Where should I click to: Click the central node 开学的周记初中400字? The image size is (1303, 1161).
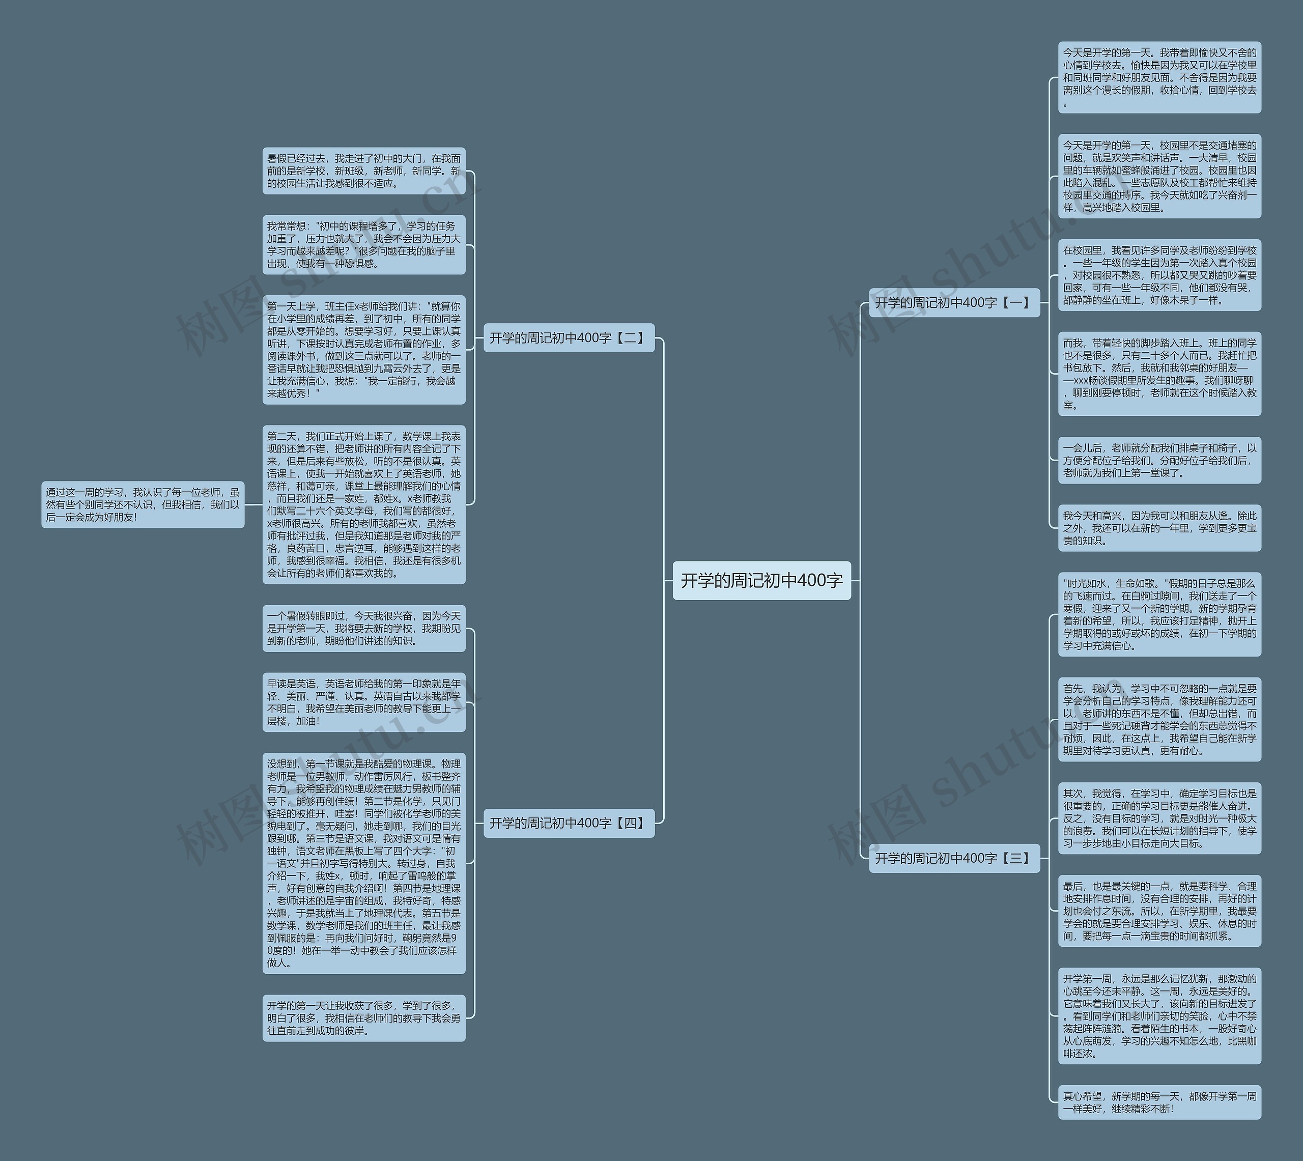coord(761,580)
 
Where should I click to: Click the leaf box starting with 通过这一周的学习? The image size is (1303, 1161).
coord(143,504)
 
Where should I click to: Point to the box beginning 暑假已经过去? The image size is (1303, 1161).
coord(363,171)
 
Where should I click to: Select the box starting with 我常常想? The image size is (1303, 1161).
coord(363,244)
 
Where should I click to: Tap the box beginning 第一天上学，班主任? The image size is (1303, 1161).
coord(363,350)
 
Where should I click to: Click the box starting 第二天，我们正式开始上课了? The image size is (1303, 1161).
coord(363,504)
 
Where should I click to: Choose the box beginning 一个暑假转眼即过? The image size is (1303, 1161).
coord(363,628)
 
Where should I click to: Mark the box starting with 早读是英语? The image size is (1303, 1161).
coord(363,702)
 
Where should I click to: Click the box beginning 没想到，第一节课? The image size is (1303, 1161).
coord(363,863)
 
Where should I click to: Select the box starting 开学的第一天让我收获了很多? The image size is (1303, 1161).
coord(363,1018)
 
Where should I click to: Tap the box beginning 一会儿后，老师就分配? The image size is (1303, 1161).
coord(1159,460)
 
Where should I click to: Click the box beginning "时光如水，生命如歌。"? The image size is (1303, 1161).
coord(1159,614)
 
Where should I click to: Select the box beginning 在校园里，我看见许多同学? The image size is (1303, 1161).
coord(1159,275)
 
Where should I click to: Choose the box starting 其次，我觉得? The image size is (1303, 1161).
coord(1159,818)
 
